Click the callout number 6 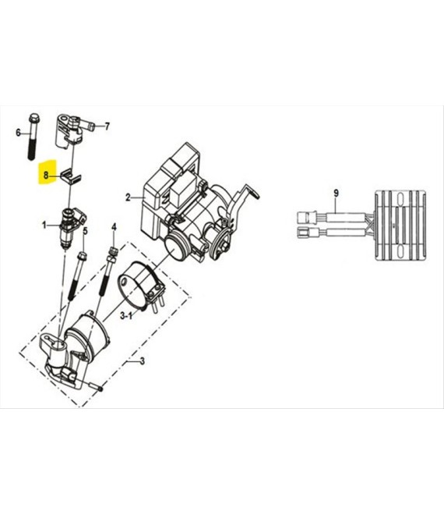click(x=19, y=133)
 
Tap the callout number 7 click(x=107, y=126)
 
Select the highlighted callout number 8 click(x=46, y=176)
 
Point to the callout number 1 click(x=44, y=226)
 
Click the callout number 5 click(x=85, y=231)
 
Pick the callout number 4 click(x=114, y=227)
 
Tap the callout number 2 click(x=128, y=197)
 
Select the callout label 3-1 click(x=126, y=316)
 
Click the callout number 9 click(x=336, y=194)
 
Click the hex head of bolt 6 click(x=34, y=117)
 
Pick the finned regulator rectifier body click(x=400, y=226)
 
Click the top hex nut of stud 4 click(x=113, y=251)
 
